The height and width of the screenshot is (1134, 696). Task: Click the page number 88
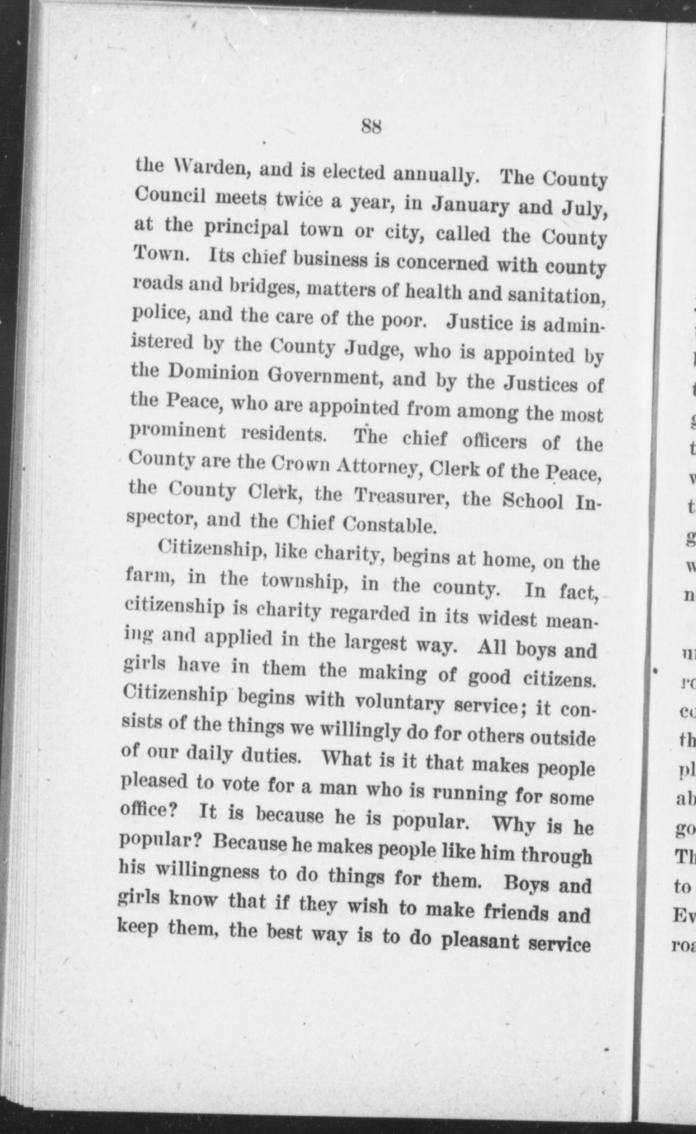(x=371, y=126)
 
